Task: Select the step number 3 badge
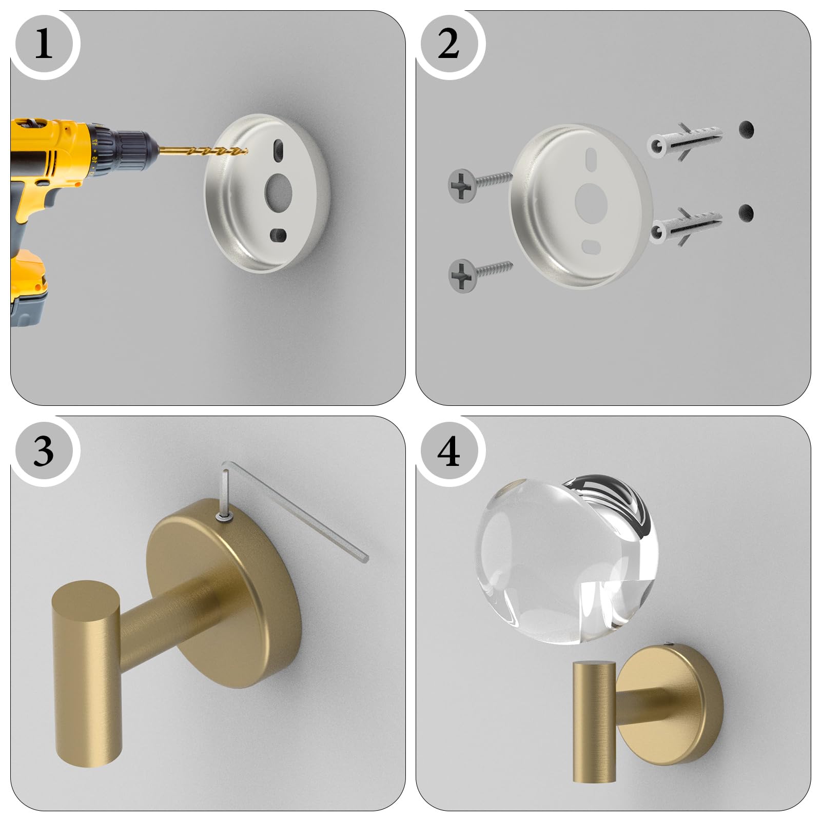tap(44, 451)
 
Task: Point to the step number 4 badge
tap(449, 451)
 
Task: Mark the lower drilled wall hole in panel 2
tap(747, 212)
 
